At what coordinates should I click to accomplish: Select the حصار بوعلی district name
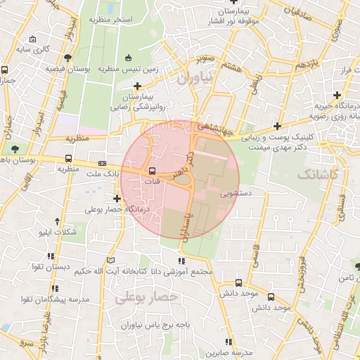[148, 299]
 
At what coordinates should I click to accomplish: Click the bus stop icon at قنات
[152, 171]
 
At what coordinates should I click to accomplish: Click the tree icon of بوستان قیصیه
[67, 58]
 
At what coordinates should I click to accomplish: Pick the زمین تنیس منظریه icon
[127, 58]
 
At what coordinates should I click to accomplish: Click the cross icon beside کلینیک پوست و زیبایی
[278, 127]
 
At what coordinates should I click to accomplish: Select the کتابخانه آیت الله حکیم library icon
[109, 260]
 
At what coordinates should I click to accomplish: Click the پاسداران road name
[186, 219]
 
